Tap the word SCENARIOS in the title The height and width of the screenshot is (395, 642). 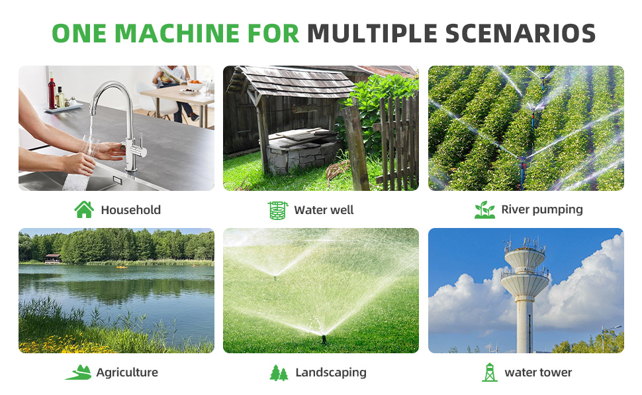tap(520, 33)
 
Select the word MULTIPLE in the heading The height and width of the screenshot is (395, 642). tap(372, 33)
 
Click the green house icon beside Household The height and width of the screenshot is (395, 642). tap(84, 209)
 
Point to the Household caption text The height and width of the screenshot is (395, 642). tap(130, 210)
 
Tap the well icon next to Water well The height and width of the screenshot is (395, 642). tap(278, 210)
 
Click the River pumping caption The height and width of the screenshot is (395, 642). tap(541, 210)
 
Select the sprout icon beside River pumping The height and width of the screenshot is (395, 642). tap(484, 209)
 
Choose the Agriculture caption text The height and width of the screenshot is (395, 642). tap(127, 373)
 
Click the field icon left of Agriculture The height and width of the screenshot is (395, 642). tap(79, 372)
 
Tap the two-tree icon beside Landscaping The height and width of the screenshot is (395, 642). tap(279, 373)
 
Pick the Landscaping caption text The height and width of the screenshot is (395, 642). tap(331, 373)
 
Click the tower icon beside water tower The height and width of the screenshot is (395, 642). tap(489, 372)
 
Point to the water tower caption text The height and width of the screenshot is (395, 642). tap(538, 372)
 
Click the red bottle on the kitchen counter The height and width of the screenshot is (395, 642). tap(52, 90)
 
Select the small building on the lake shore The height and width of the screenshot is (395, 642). tap(53, 259)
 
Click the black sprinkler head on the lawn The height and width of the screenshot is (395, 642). tap(324, 339)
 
